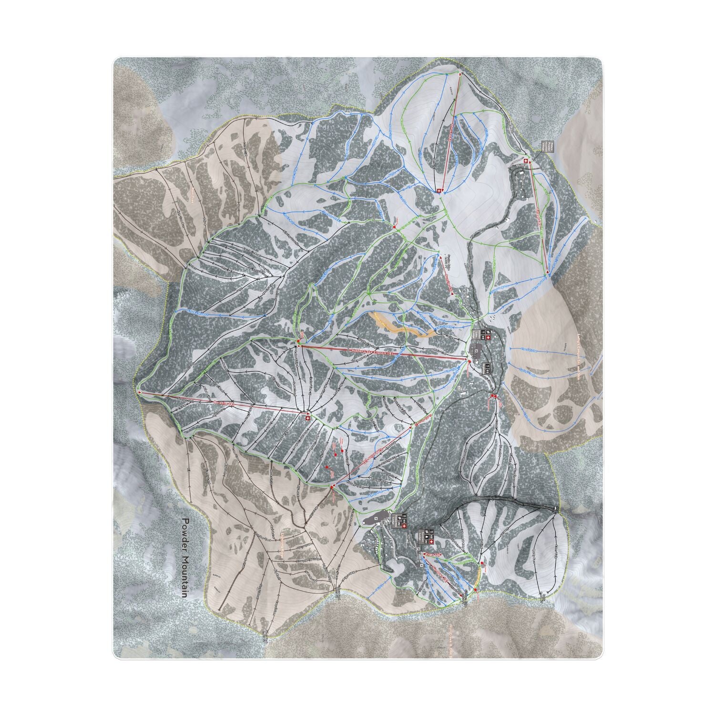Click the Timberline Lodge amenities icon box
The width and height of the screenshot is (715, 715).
coord(399,520)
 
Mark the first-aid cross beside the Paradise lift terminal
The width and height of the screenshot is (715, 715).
coord(307,418)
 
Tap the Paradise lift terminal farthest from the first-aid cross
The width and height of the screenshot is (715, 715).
coord(140,392)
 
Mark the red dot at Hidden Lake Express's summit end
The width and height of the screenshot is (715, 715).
coord(298,342)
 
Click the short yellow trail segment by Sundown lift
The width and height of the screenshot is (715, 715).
coord(478,578)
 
